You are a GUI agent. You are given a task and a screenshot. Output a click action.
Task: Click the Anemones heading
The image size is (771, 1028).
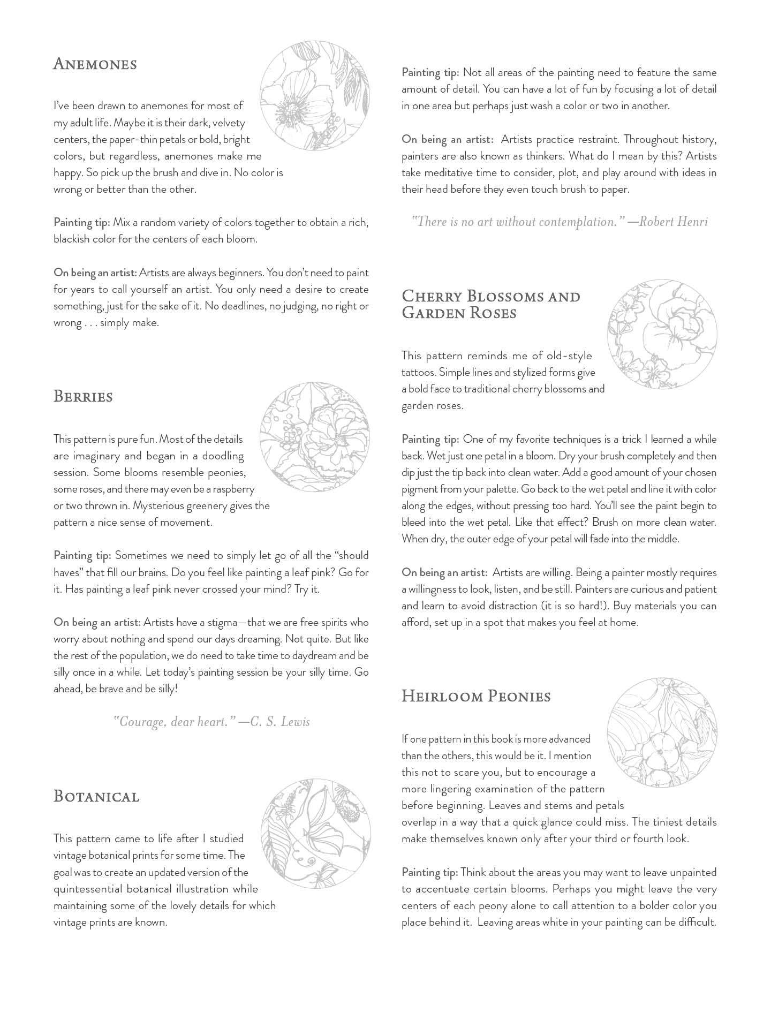click(x=95, y=64)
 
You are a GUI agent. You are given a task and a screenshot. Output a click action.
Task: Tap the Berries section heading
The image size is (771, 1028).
click(x=83, y=397)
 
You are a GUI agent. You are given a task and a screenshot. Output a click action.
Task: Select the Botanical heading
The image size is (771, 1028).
click(x=96, y=796)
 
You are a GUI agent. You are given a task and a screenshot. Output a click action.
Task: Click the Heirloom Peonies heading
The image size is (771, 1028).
click(x=476, y=696)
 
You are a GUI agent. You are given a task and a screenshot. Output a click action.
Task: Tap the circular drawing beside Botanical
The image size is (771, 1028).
click(x=316, y=834)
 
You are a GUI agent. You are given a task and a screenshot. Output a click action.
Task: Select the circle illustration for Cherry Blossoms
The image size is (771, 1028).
click(x=662, y=334)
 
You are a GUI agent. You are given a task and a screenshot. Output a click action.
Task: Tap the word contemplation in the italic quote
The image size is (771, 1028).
click(x=573, y=221)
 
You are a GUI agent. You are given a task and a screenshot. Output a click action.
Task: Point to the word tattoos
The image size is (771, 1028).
click(x=419, y=372)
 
